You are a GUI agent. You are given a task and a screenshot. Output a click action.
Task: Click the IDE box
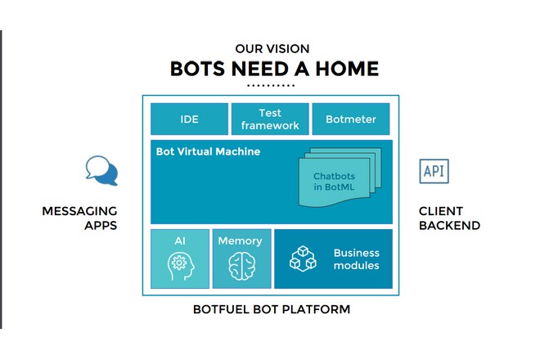coord(189,119)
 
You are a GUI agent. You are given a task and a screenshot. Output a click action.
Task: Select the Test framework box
coord(270,119)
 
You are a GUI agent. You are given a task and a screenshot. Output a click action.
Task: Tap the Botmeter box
coord(351,119)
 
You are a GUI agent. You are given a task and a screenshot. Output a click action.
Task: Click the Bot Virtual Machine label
coord(208,152)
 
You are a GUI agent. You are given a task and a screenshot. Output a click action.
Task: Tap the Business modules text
coord(356,259)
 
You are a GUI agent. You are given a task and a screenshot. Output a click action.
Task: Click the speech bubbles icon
coord(101,170)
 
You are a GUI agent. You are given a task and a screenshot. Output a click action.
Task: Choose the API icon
coord(434,171)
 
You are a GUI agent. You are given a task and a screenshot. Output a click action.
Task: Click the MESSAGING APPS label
coord(79,218)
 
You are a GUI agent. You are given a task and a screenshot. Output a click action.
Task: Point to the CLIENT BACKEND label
coord(449,218)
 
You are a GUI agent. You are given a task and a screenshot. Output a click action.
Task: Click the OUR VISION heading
coord(272,49)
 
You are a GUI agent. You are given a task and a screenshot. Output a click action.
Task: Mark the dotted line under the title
coord(271,85)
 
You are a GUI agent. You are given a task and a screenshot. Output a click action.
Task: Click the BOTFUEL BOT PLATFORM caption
coord(271,309)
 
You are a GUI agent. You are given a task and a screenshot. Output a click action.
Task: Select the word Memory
coord(241,241)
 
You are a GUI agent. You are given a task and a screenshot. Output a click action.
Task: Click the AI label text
coord(180,241)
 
